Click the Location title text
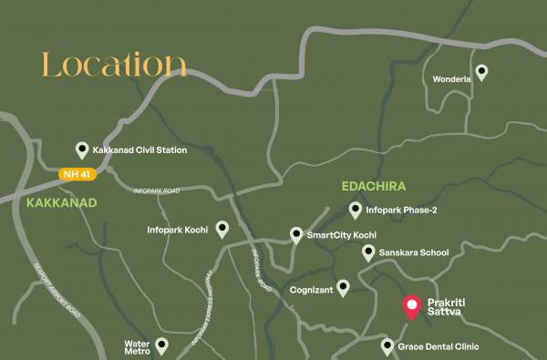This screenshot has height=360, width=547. pos(114,66)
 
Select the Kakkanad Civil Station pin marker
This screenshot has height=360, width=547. pos(82,150)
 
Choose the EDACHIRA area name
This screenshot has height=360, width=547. pos(372,186)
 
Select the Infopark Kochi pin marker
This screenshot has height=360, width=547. pos(222,229)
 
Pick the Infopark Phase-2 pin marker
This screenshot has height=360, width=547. pos(356,211)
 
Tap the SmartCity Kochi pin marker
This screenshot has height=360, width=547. pos(296,235)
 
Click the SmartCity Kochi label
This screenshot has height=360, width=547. pos(342,235)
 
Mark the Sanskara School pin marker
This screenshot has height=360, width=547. pos(368,252)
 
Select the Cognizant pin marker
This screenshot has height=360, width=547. pos(343,288)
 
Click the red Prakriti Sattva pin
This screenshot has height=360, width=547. pos(411,306)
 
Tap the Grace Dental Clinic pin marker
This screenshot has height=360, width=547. pos(387,346)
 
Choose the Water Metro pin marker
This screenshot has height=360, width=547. pos(161,345)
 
